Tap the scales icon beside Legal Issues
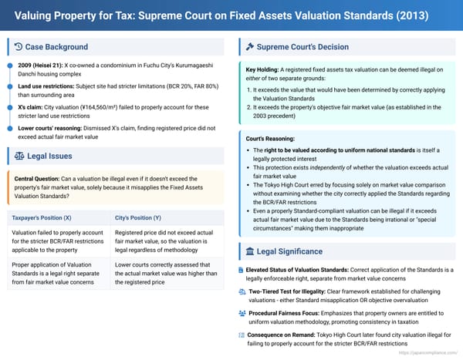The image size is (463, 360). (x=19, y=156)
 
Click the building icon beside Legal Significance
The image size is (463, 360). (x=249, y=252)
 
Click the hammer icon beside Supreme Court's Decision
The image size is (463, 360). (x=250, y=47)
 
